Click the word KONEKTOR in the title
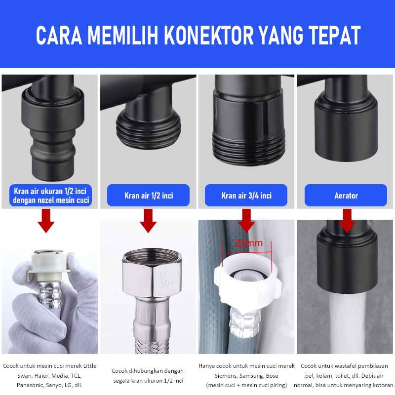click(208, 36)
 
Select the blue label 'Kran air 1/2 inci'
click(149, 196)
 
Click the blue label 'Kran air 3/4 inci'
click(246, 196)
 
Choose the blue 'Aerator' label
click(346, 196)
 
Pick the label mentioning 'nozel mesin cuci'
click(51, 196)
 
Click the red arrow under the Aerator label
click(347, 221)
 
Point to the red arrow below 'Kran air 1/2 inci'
click(149, 221)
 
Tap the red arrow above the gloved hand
click(46, 221)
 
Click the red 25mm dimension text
click(249, 243)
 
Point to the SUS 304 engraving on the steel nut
click(167, 279)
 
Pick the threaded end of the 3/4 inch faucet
click(249, 149)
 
